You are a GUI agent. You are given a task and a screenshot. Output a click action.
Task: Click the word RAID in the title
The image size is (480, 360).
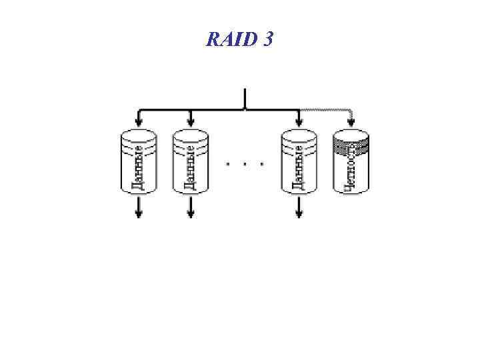click(229, 41)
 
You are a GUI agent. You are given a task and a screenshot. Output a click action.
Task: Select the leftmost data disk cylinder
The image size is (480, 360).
click(138, 162)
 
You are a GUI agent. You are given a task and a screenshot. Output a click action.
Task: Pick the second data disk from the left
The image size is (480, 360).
click(191, 162)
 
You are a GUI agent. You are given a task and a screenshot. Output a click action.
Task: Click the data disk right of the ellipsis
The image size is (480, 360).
click(299, 162)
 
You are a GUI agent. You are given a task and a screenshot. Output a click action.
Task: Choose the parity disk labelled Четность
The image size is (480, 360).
click(351, 162)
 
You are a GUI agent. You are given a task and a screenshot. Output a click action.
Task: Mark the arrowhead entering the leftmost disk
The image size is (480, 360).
click(138, 121)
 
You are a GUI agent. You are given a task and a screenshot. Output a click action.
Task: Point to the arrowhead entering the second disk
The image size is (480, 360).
click(191, 121)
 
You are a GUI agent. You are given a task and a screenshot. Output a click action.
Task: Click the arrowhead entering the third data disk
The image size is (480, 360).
click(299, 121)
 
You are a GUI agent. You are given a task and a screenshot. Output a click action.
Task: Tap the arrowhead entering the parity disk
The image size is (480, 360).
click(351, 121)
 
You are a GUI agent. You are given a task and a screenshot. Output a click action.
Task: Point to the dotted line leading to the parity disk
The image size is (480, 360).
click(327, 109)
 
